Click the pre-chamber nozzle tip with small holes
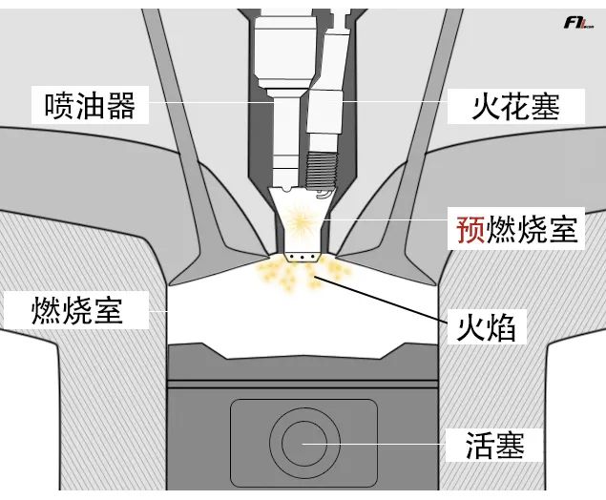tap(302, 255)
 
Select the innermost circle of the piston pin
tap(303, 443)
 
